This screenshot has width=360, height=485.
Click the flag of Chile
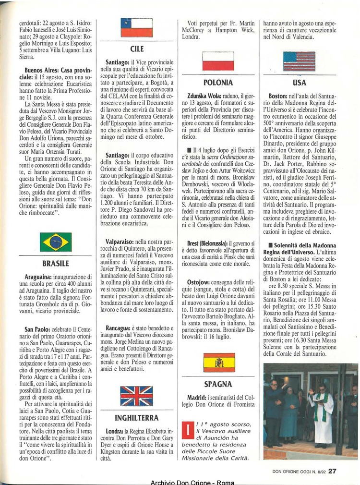pyautogui.click(x=136, y=28)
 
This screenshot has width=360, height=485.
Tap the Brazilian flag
pyautogui.click(x=56, y=242)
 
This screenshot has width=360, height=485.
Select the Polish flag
pyautogui.click(x=218, y=61)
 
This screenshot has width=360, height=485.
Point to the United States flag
pyautogui.click(x=299, y=61)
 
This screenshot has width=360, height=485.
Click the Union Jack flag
pyautogui.click(x=136, y=396)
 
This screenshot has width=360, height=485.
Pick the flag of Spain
pyautogui.click(x=219, y=363)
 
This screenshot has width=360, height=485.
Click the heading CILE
pyautogui.click(x=137, y=49)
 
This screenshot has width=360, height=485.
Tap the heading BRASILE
pyautogui.click(x=56, y=264)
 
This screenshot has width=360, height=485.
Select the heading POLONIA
pyautogui.click(x=218, y=83)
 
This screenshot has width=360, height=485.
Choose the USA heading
pyautogui.click(x=299, y=83)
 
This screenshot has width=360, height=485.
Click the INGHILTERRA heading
pyautogui.click(x=137, y=418)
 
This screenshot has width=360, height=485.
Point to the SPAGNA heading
pyautogui.click(x=218, y=384)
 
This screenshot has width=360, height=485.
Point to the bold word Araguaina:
pyautogui.click(x=41, y=277)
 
